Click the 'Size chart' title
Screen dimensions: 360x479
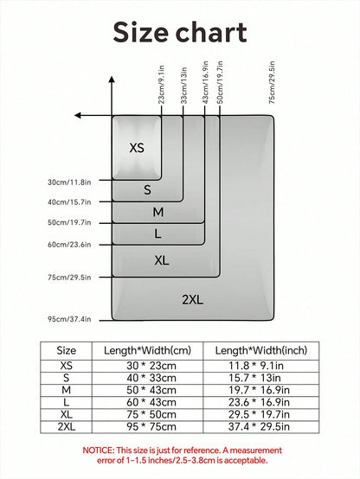(180, 33)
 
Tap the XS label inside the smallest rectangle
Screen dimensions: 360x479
(137, 148)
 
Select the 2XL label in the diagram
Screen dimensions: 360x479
(193, 300)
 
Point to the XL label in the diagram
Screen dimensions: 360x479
(162, 260)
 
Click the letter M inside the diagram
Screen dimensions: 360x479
(158, 212)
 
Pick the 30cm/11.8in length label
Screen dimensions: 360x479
(69, 182)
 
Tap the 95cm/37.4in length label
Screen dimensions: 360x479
(69, 319)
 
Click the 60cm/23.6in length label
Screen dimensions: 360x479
(69, 245)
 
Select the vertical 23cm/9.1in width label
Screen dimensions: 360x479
(162, 85)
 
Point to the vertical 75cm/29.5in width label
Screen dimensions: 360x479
(272, 82)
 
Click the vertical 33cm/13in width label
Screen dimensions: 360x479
(183, 86)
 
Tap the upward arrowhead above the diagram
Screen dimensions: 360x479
(112, 80)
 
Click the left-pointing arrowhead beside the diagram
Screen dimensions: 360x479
(78, 116)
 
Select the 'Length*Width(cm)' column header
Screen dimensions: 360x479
(147, 350)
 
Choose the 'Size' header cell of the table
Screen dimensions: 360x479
(66, 350)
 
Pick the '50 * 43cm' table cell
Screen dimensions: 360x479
(151, 390)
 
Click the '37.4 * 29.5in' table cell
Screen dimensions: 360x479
(259, 426)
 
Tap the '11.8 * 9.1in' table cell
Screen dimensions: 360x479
(256, 366)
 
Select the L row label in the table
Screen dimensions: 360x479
(66, 402)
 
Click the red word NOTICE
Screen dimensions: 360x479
(98, 450)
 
